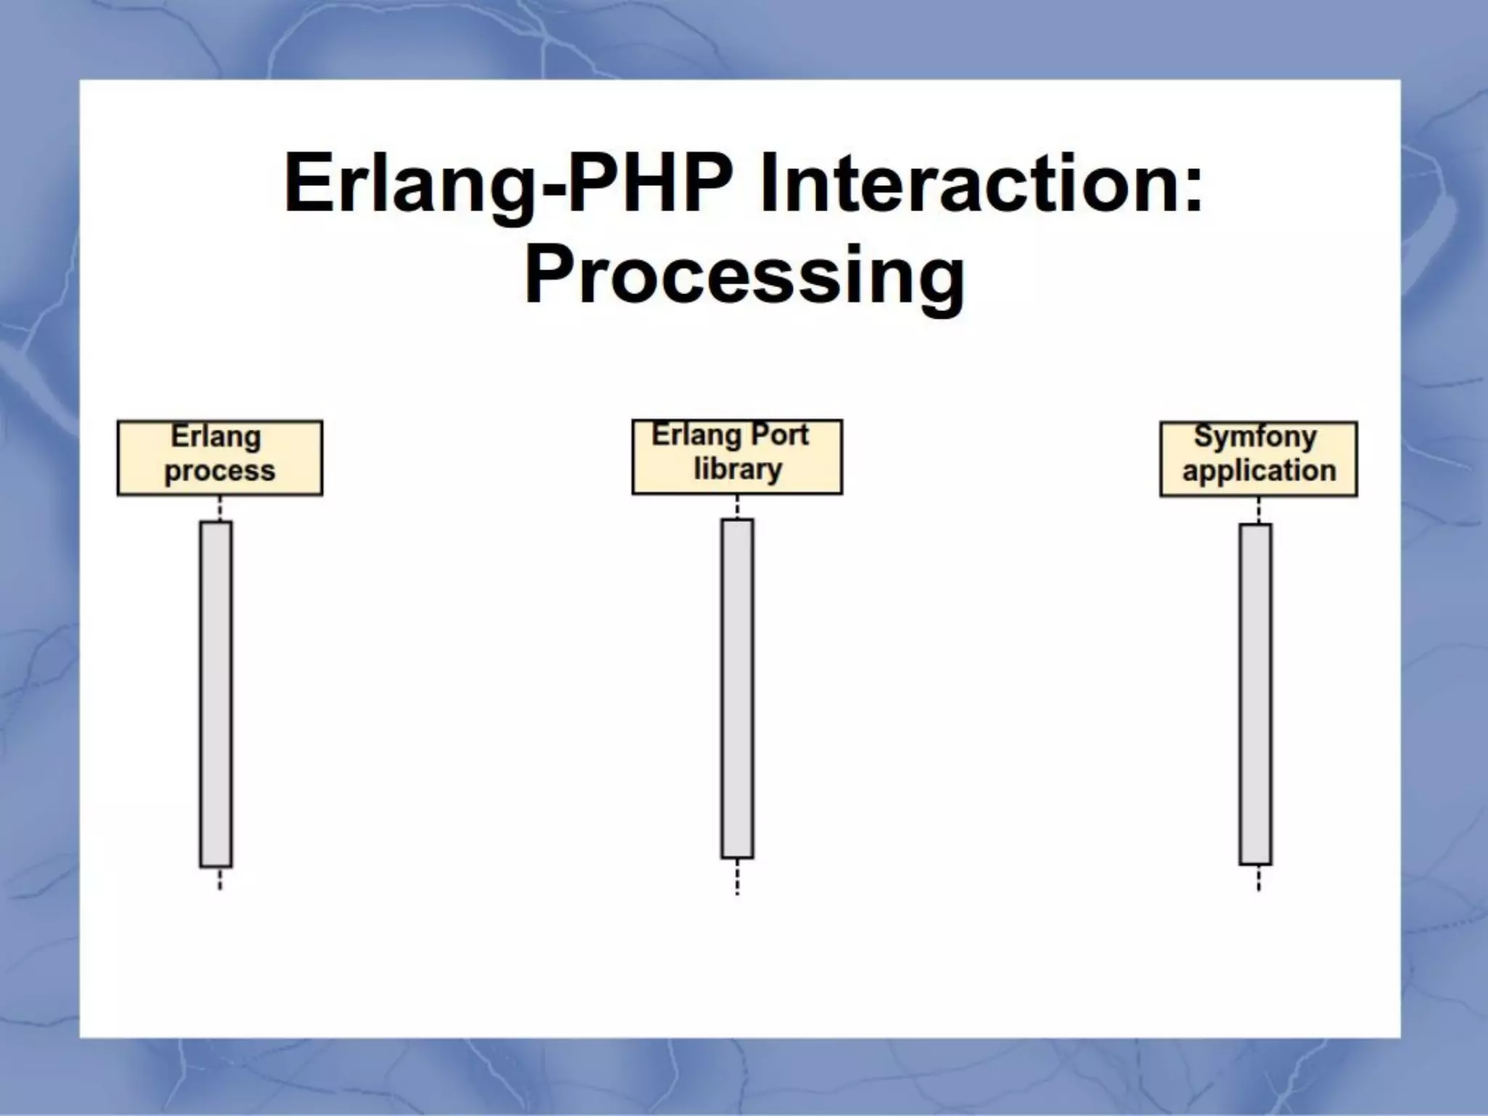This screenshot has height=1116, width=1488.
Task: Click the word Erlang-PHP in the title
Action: pyautogui.click(x=509, y=183)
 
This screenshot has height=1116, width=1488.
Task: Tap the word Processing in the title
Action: pyautogui.click(x=744, y=276)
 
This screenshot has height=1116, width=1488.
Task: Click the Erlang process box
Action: pyautogui.click(x=219, y=458)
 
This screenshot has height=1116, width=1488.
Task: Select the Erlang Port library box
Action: pyautogui.click(x=737, y=457)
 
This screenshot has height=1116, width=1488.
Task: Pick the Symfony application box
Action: pyautogui.click(x=1258, y=459)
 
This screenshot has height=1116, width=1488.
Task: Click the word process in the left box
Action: pyautogui.click(x=219, y=472)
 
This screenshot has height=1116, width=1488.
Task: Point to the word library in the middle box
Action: pyautogui.click(x=737, y=469)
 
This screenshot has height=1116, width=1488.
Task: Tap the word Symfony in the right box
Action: pyautogui.click(x=1255, y=437)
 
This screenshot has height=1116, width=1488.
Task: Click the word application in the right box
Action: pyautogui.click(x=1259, y=471)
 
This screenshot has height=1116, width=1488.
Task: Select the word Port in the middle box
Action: pyautogui.click(x=779, y=435)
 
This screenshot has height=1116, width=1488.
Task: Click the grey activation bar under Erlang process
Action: pyautogui.click(x=217, y=694)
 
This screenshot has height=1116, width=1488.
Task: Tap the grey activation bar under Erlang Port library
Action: pyautogui.click(x=737, y=688)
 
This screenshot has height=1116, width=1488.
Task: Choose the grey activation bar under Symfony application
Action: pyautogui.click(x=1255, y=694)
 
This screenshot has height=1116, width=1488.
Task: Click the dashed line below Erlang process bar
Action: pyautogui.click(x=219, y=879)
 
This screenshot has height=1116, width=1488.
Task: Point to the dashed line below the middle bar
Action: pyautogui.click(x=737, y=877)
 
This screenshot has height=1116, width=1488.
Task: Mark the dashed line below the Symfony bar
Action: pyautogui.click(x=1258, y=878)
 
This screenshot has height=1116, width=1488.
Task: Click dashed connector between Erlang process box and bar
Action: pyautogui.click(x=219, y=509)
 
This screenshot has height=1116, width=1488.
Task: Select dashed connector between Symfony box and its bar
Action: pyautogui.click(x=1258, y=510)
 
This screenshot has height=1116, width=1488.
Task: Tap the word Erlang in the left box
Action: pyautogui.click(x=216, y=437)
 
